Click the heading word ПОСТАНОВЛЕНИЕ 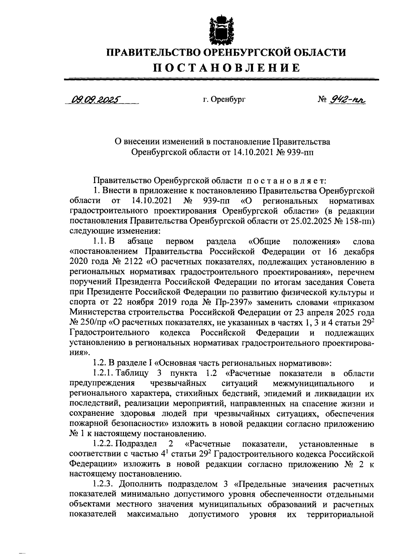point(226,68)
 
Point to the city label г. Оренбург point(224,100)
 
